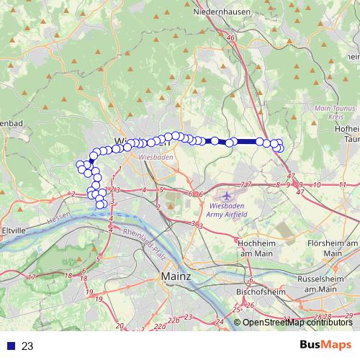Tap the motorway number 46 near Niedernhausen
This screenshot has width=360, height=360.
[230, 37]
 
